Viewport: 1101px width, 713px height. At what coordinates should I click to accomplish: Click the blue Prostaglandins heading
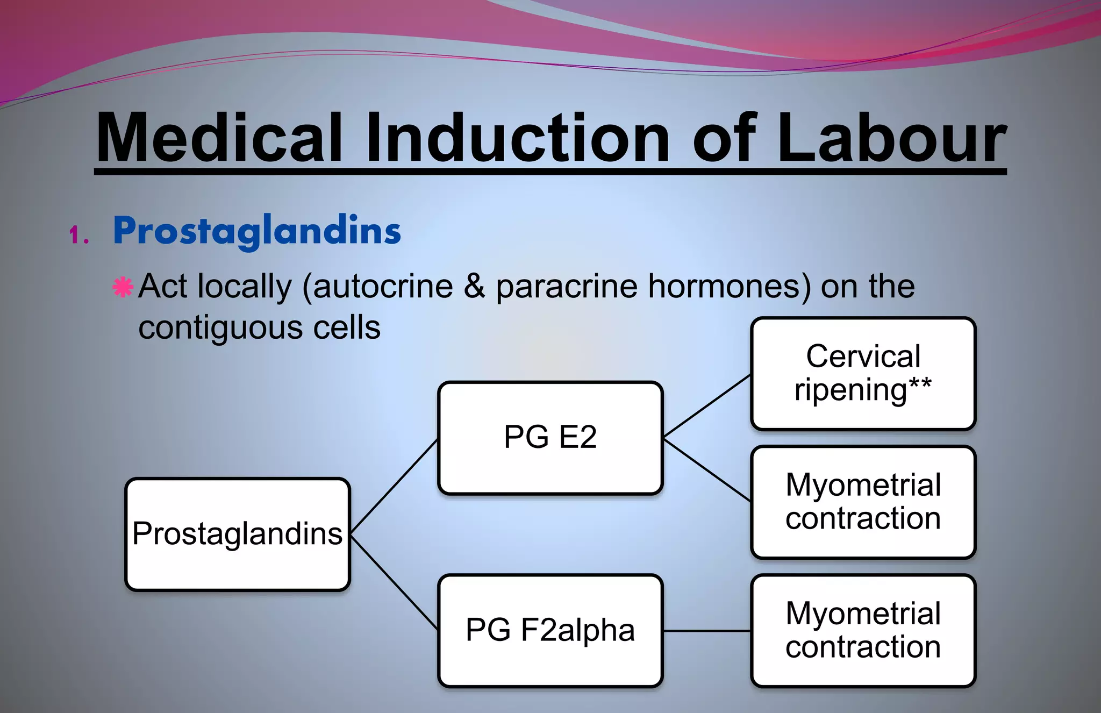pyautogui.click(x=257, y=231)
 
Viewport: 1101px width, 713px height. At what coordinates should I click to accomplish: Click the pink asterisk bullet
pyautogui.click(x=123, y=287)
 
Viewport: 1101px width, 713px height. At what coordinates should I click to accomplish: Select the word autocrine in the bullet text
pyautogui.click(x=383, y=286)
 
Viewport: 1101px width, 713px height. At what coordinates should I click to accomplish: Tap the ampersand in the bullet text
pyautogui.click(x=474, y=286)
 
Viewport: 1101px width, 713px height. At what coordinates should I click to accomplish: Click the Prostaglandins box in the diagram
pyautogui.click(x=238, y=534)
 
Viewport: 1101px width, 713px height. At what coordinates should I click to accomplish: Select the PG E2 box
pyautogui.click(x=550, y=437)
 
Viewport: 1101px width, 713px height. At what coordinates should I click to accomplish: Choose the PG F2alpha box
pyautogui.click(x=550, y=630)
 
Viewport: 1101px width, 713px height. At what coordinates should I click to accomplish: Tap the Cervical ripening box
pyautogui.click(x=863, y=373)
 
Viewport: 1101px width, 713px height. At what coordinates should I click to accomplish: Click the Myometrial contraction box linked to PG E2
pyautogui.click(x=863, y=502)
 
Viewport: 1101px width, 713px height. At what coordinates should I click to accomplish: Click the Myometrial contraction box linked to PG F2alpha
pyautogui.click(x=863, y=630)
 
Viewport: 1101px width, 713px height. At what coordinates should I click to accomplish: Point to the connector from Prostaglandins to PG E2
pyautogui.click(x=394, y=486)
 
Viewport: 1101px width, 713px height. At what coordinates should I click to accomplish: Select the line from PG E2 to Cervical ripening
pyautogui.click(x=707, y=405)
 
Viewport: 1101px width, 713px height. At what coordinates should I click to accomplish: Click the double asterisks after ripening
pyautogui.click(x=920, y=384)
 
